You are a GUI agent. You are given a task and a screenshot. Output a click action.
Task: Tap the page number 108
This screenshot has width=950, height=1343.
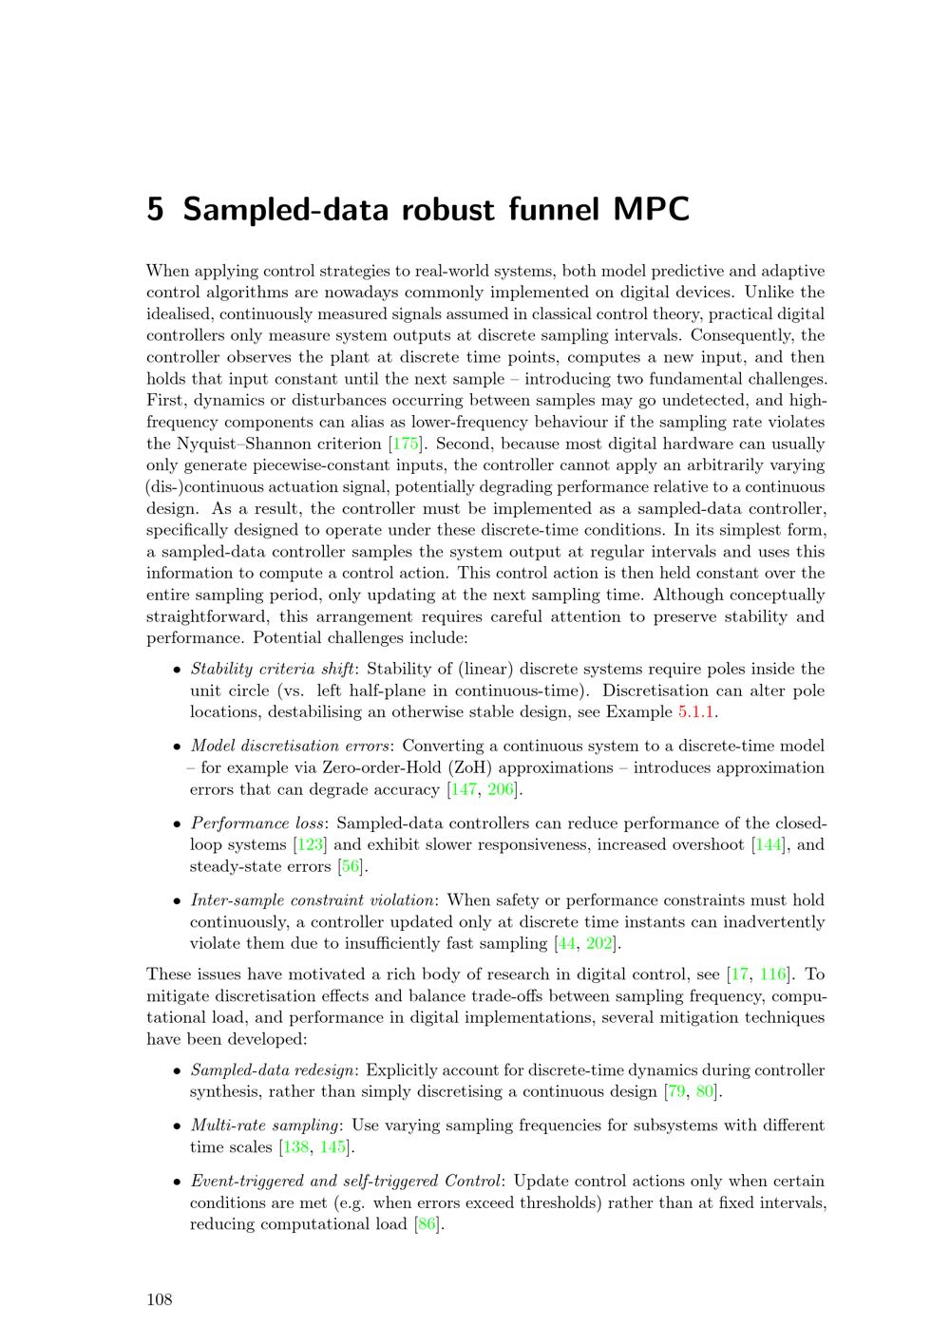(160, 1300)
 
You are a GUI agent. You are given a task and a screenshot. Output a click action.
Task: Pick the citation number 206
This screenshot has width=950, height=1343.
(501, 789)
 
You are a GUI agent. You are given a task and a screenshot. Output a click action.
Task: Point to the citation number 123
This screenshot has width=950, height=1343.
(311, 844)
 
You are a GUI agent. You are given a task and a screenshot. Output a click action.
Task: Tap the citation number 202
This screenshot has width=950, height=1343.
(599, 943)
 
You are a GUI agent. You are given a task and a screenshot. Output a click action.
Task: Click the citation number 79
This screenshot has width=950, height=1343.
(677, 1091)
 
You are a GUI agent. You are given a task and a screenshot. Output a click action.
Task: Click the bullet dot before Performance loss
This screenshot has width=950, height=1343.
(178, 824)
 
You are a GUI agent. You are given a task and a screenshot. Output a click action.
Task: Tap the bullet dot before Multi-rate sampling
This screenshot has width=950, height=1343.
(178, 1126)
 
